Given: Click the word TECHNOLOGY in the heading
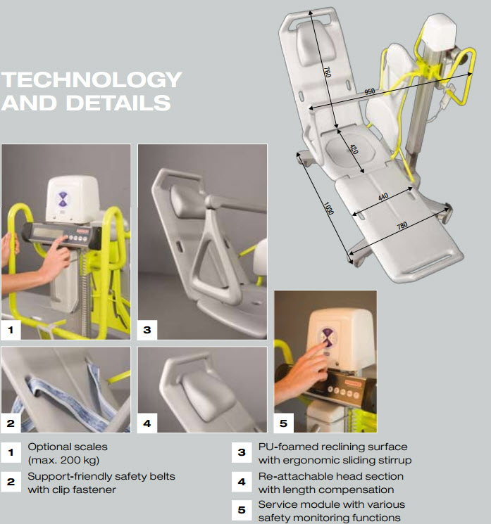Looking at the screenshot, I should [92, 79].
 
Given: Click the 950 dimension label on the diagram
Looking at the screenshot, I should [369, 91].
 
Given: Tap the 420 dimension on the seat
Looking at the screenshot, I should [354, 149].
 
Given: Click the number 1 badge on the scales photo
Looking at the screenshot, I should [11, 329].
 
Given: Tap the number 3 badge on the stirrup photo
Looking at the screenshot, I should [147, 329].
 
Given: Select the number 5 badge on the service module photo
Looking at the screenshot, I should [283, 423].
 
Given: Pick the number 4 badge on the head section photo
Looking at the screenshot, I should [147, 423].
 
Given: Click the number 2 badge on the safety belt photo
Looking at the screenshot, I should [11, 423].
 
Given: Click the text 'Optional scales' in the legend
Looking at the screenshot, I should [68, 447].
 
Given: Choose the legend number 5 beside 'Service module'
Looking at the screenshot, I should [242, 510].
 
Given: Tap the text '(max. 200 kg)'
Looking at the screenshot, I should [63, 460].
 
